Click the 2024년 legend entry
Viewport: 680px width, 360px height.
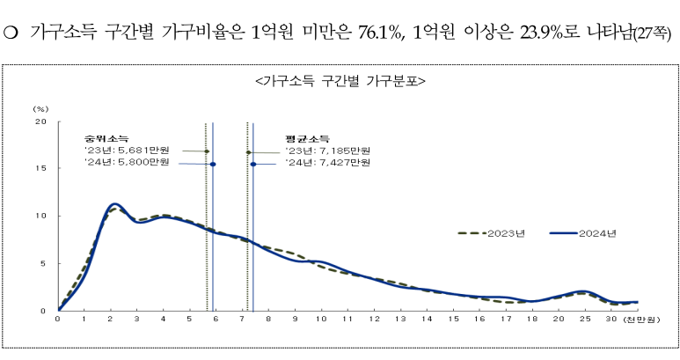click(598, 233)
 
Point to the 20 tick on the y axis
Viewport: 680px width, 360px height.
click(40, 121)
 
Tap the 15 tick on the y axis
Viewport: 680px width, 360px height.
click(40, 168)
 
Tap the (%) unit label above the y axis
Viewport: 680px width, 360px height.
click(40, 108)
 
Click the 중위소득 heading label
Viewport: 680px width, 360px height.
click(106, 138)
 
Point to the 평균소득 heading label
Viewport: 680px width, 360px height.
click(307, 138)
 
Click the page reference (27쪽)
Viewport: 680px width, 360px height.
click(653, 34)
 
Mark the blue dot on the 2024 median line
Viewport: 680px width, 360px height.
click(212, 164)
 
